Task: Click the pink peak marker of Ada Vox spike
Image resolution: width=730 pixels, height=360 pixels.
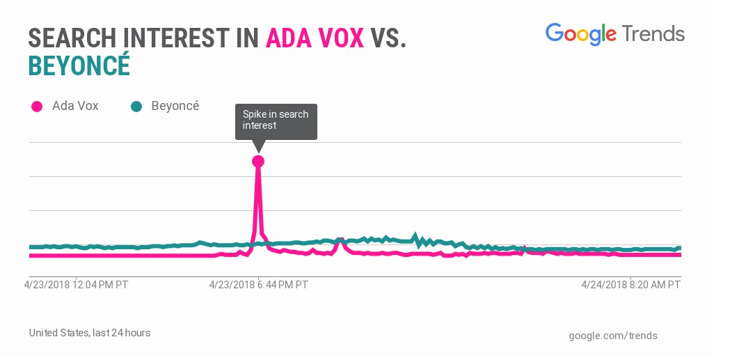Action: pos(258,161)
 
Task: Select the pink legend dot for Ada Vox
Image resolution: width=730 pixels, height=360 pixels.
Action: pos(37,107)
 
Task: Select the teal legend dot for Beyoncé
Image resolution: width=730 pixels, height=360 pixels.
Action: pos(136,107)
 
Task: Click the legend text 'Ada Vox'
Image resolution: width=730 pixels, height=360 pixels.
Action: pos(75,107)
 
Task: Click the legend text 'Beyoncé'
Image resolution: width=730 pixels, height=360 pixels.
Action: pos(175,107)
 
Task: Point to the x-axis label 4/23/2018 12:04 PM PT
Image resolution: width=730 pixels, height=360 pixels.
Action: pos(76,285)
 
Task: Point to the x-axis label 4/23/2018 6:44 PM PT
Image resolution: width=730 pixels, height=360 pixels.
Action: pos(259,285)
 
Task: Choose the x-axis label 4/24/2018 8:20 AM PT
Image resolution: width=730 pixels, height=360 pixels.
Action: pos(630,285)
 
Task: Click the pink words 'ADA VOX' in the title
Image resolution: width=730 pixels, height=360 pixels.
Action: pos(315,39)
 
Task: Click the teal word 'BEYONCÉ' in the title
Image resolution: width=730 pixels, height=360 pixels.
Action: pos(79,67)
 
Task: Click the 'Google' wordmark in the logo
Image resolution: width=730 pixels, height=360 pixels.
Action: pos(580,34)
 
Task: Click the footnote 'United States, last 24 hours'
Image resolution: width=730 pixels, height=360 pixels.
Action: pos(90,333)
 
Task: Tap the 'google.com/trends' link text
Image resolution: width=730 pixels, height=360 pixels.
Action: pos(612,336)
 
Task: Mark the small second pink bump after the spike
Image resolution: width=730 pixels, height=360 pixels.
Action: pos(340,242)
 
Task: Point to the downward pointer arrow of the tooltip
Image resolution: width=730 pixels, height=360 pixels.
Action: pos(259,146)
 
